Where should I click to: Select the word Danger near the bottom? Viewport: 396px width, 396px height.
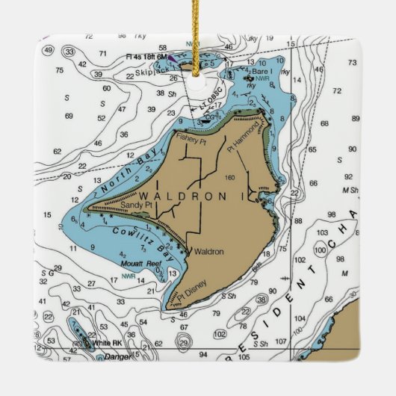click(117, 356)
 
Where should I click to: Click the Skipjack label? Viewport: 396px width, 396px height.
click(149, 73)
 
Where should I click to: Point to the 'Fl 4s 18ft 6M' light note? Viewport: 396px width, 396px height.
click(147, 56)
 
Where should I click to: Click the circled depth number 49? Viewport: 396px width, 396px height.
click(49, 51)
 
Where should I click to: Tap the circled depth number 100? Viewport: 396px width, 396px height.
click(322, 244)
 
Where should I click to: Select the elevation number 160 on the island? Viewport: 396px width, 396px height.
click(229, 177)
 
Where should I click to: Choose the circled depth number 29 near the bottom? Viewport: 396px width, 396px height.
click(184, 343)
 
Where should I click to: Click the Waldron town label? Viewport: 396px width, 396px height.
click(208, 252)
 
